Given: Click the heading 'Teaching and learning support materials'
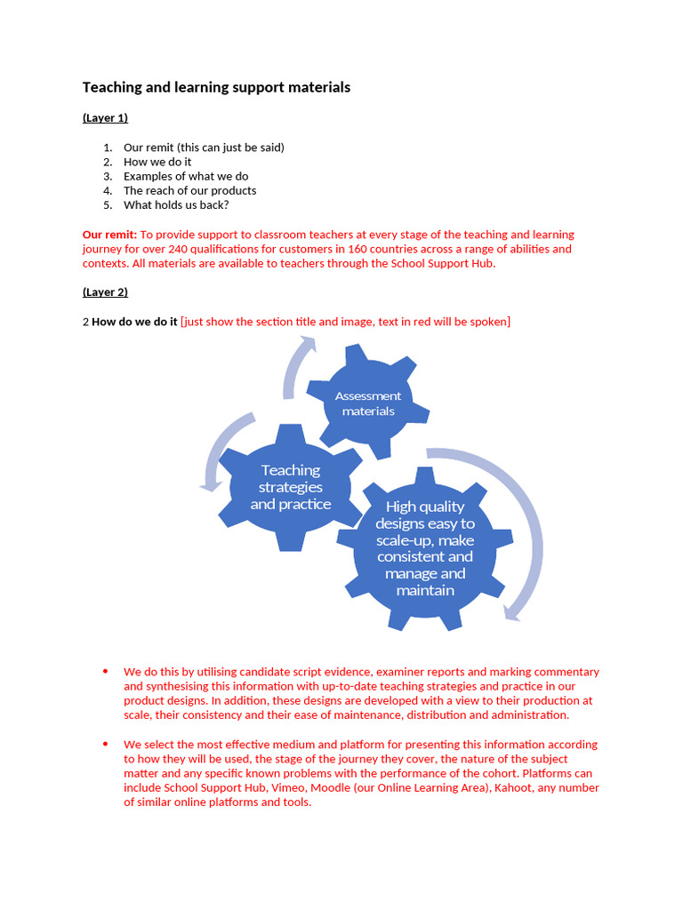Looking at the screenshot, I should pyautogui.click(x=216, y=87).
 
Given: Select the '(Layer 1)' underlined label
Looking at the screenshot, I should pyautogui.click(x=105, y=117).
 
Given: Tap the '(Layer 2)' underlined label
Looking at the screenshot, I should pyautogui.click(x=105, y=291).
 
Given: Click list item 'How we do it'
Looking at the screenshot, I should pyautogui.click(x=157, y=162).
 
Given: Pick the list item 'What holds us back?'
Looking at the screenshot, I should pyautogui.click(x=176, y=204).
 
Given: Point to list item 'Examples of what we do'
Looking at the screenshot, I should pyautogui.click(x=186, y=176).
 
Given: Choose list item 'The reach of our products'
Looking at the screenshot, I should pyautogui.click(x=189, y=190).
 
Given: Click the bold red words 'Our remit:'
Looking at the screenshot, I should pyautogui.click(x=109, y=235).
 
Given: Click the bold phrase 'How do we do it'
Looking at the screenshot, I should pyautogui.click(x=134, y=322).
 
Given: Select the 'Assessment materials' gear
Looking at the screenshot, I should pyautogui.click(x=368, y=403).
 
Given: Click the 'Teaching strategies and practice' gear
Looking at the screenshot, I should pyautogui.click(x=291, y=487).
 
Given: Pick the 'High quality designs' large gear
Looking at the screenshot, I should pyautogui.click(x=425, y=548).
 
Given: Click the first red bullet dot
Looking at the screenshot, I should pyautogui.click(x=105, y=671).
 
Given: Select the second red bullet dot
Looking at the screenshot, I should pyautogui.click(x=105, y=744).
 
